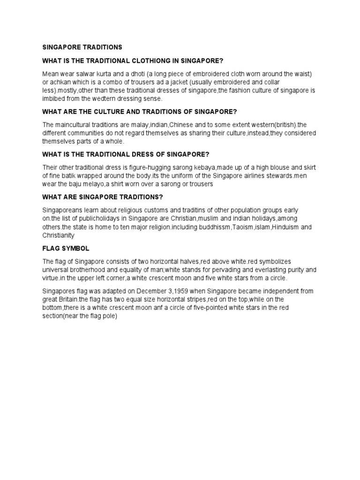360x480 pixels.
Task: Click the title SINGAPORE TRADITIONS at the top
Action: point(82,47)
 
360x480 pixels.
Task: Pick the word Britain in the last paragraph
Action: point(69,299)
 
